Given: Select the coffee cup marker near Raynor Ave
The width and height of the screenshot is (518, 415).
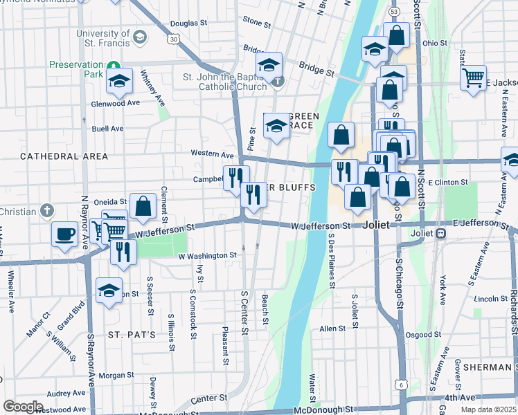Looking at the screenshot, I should [x=64, y=233].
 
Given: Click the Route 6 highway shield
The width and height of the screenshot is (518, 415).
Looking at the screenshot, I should [x=402, y=384].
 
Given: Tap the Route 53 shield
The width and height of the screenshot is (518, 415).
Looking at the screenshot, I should [x=394, y=12].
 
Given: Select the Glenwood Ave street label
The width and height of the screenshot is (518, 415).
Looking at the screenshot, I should [x=116, y=103].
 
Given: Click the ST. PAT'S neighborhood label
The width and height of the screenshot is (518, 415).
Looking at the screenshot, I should [x=132, y=334].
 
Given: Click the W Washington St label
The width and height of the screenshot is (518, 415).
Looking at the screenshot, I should [x=208, y=255].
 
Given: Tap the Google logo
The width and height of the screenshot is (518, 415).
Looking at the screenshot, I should [x=24, y=407].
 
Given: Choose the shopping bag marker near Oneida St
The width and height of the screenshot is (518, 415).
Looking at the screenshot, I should [x=143, y=206].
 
